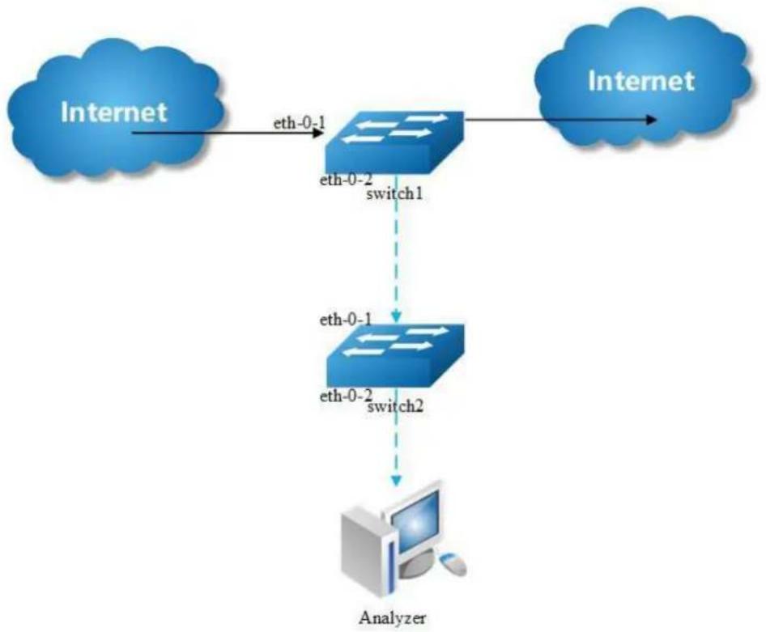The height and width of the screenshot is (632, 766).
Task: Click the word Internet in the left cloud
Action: pyautogui.click(x=114, y=112)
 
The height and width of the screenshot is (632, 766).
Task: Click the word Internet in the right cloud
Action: pyautogui.click(x=641, y=81)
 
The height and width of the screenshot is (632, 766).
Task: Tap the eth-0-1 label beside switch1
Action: pyautogui.click(x=299, y=122)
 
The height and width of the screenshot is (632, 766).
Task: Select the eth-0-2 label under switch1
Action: pyautogui.click(x=346, y=180)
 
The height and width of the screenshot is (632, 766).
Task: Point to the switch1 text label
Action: pyautogui.click(x=394, y=193)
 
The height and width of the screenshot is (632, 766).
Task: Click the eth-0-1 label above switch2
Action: pyautogui.click(x=346, y=320)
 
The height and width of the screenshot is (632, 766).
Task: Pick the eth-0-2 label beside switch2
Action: pyautogui.click(x=346, y=396)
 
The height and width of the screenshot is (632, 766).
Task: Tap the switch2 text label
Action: pyautogui.click(x=394, y=406)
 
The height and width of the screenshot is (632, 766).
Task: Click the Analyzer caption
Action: pyautogui.click(x=392, y=618)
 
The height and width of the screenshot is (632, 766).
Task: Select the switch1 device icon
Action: pyautogui.click(x=394, y=142)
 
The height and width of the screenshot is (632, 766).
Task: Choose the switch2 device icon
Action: pyautogui.click(x=394, y=354)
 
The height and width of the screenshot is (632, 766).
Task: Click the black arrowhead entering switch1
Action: pyautogui.click(x=318, y=132)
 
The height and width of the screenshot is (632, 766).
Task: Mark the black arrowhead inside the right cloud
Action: pyautogui.click(x=651, y=119)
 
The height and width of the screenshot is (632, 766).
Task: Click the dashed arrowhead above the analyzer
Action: pyautogui.click(x=396, y=480)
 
